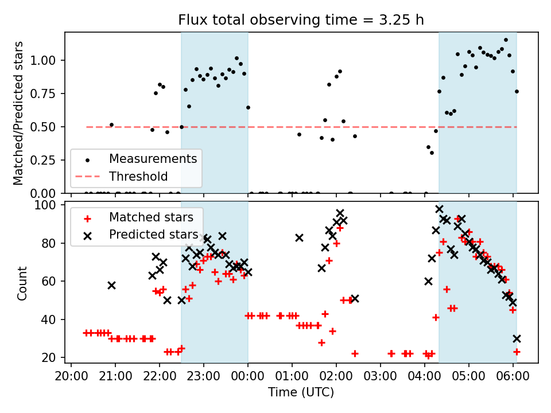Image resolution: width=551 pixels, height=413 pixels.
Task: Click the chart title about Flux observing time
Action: click(x=301, y=20)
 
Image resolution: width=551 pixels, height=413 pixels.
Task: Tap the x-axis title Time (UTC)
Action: click(x=301, y=393)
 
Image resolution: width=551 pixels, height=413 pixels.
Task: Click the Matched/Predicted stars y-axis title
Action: click(x=18, y=113)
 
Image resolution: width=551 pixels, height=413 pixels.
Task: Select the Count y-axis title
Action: click(x=22, y=283)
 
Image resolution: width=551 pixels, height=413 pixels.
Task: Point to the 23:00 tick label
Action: click(x=204, y=378)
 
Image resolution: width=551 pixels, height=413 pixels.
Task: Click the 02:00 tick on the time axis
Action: click(x=336, y=378)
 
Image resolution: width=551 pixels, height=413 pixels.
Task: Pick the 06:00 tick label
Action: click(x=513, y=378)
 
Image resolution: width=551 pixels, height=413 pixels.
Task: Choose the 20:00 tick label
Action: click(x=71, y=378)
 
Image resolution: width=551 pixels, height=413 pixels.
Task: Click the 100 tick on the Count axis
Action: click(x=51, y=205)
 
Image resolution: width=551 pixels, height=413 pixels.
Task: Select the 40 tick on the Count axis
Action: click(x=54, y=320)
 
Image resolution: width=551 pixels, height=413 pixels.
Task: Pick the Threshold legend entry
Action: click(x=138, y=176)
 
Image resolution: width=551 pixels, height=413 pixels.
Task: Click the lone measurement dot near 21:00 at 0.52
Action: click(x=111, y=124)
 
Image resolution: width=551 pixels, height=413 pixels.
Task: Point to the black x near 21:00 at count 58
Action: click(x=111, y=285)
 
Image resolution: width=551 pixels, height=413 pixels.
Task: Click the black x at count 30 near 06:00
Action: click(x=517, y=338)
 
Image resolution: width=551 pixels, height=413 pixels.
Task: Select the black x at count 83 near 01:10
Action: click(x=299, y=237)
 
